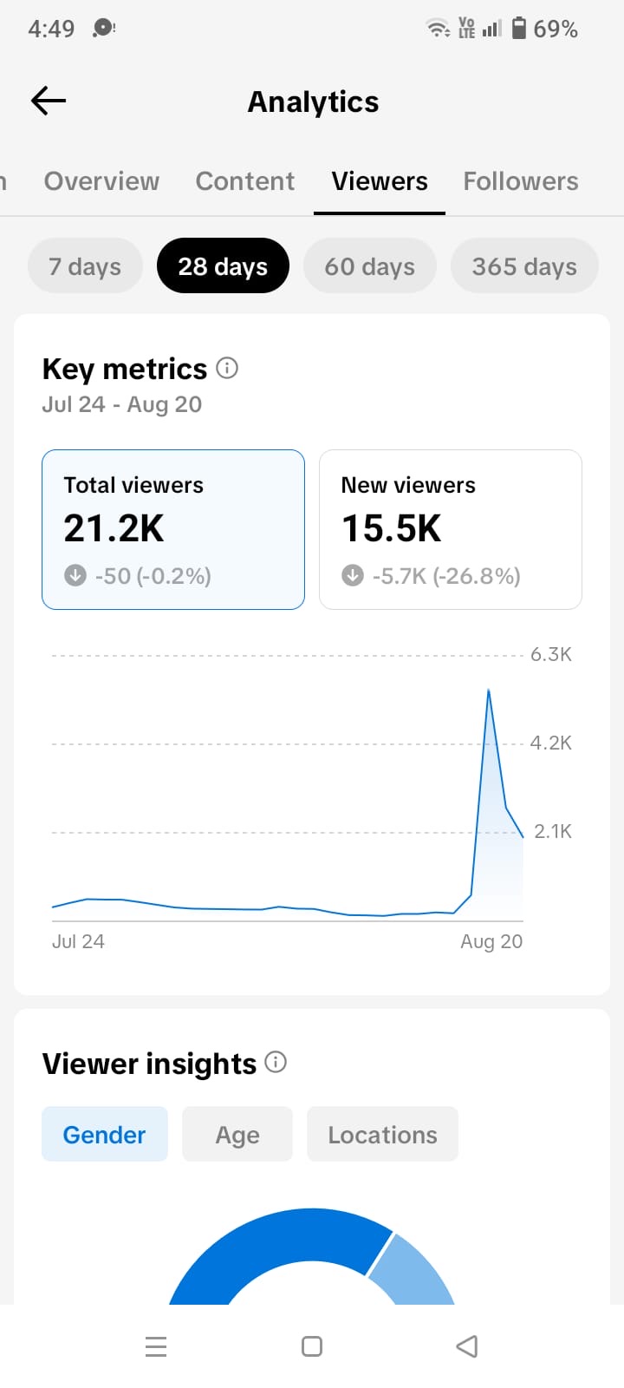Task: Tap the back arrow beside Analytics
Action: point(49,101)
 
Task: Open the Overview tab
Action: point(101,181)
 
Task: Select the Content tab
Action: point(245,181)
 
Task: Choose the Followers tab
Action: point(521,181)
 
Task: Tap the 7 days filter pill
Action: point(85,265)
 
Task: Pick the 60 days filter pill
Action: point(369,265)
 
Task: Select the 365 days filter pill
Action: point(524,265)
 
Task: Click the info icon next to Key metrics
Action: point(227,368)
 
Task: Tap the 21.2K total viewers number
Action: point(114,528)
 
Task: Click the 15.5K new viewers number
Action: point(391,528)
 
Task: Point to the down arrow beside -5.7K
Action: point(353,575)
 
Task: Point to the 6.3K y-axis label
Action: point(551,654)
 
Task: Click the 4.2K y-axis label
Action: point(551,743)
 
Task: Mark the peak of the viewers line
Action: point(489,690)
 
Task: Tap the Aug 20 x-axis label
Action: point(491,941)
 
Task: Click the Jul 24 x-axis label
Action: point(78,941)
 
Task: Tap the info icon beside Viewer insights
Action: point(276,1062)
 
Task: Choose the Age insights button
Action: point(237,1134)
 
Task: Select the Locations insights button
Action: point(382,1134)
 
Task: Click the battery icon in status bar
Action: point(519,28)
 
